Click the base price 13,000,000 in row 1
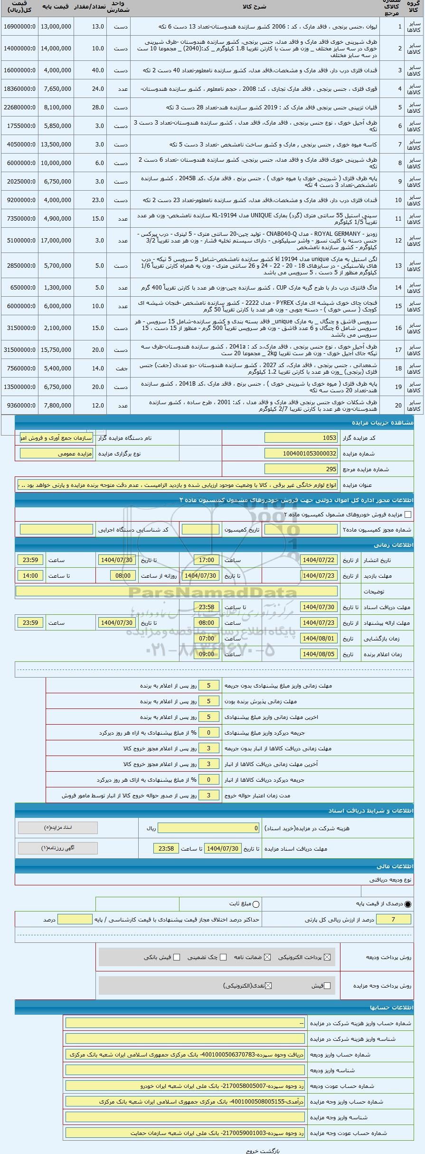[x=56, y=27]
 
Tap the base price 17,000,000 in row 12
[x=56, y=241]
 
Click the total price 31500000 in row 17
[x=19, y=349]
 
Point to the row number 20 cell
[x=399, y=406]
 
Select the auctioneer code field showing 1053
[x=301, y=437]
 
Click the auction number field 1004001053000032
[x=301, y=454]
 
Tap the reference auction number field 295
[x=301, y=469]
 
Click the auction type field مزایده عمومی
[x=57, y=454]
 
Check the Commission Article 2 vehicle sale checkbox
[x=408, y=514]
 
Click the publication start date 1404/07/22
[x=319, y=560]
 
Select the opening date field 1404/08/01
[x=319, y=639]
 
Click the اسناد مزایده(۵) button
[x=58, y=828]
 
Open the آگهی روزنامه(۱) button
[x=58, y=848]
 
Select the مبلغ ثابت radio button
[x=256, y=904]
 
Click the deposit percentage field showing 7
[x=393, y=920]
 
